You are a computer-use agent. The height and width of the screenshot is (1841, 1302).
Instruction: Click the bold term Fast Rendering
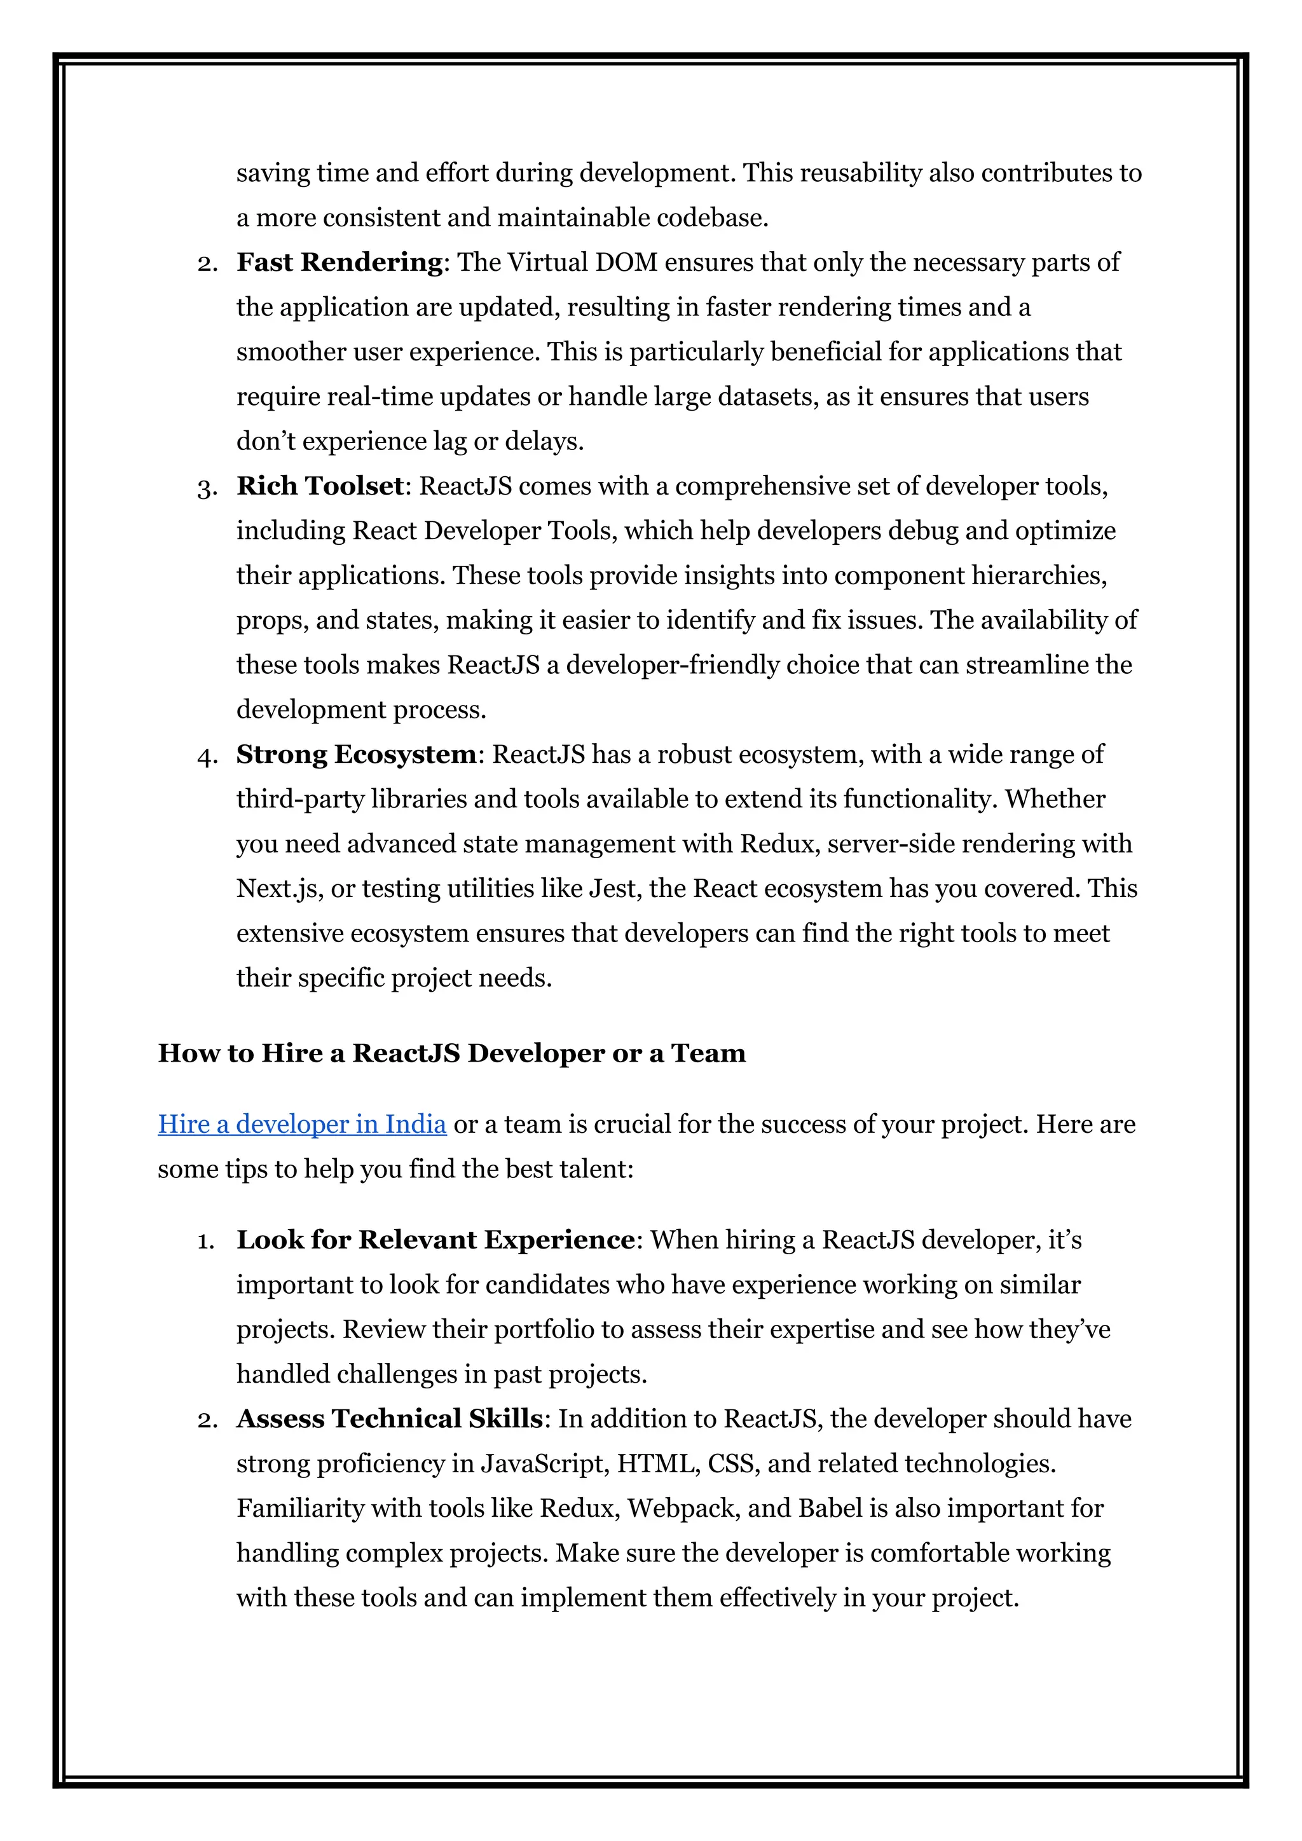point(339,262)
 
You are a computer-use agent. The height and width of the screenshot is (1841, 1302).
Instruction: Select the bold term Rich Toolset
point(320,486)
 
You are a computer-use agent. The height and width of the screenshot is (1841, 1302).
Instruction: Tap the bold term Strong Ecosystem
point(356,755)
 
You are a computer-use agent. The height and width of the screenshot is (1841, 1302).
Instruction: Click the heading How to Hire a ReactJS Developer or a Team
point(451,1053)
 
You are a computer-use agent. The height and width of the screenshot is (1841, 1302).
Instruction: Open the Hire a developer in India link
point(301,1124)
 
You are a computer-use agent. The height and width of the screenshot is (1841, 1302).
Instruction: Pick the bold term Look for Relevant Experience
point(435,1240)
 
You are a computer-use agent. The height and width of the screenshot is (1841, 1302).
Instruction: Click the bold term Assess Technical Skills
point(390,1418)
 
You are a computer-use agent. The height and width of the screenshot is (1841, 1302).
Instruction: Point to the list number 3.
point(206,488)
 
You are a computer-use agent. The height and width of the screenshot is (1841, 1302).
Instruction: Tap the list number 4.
point(206,756)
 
